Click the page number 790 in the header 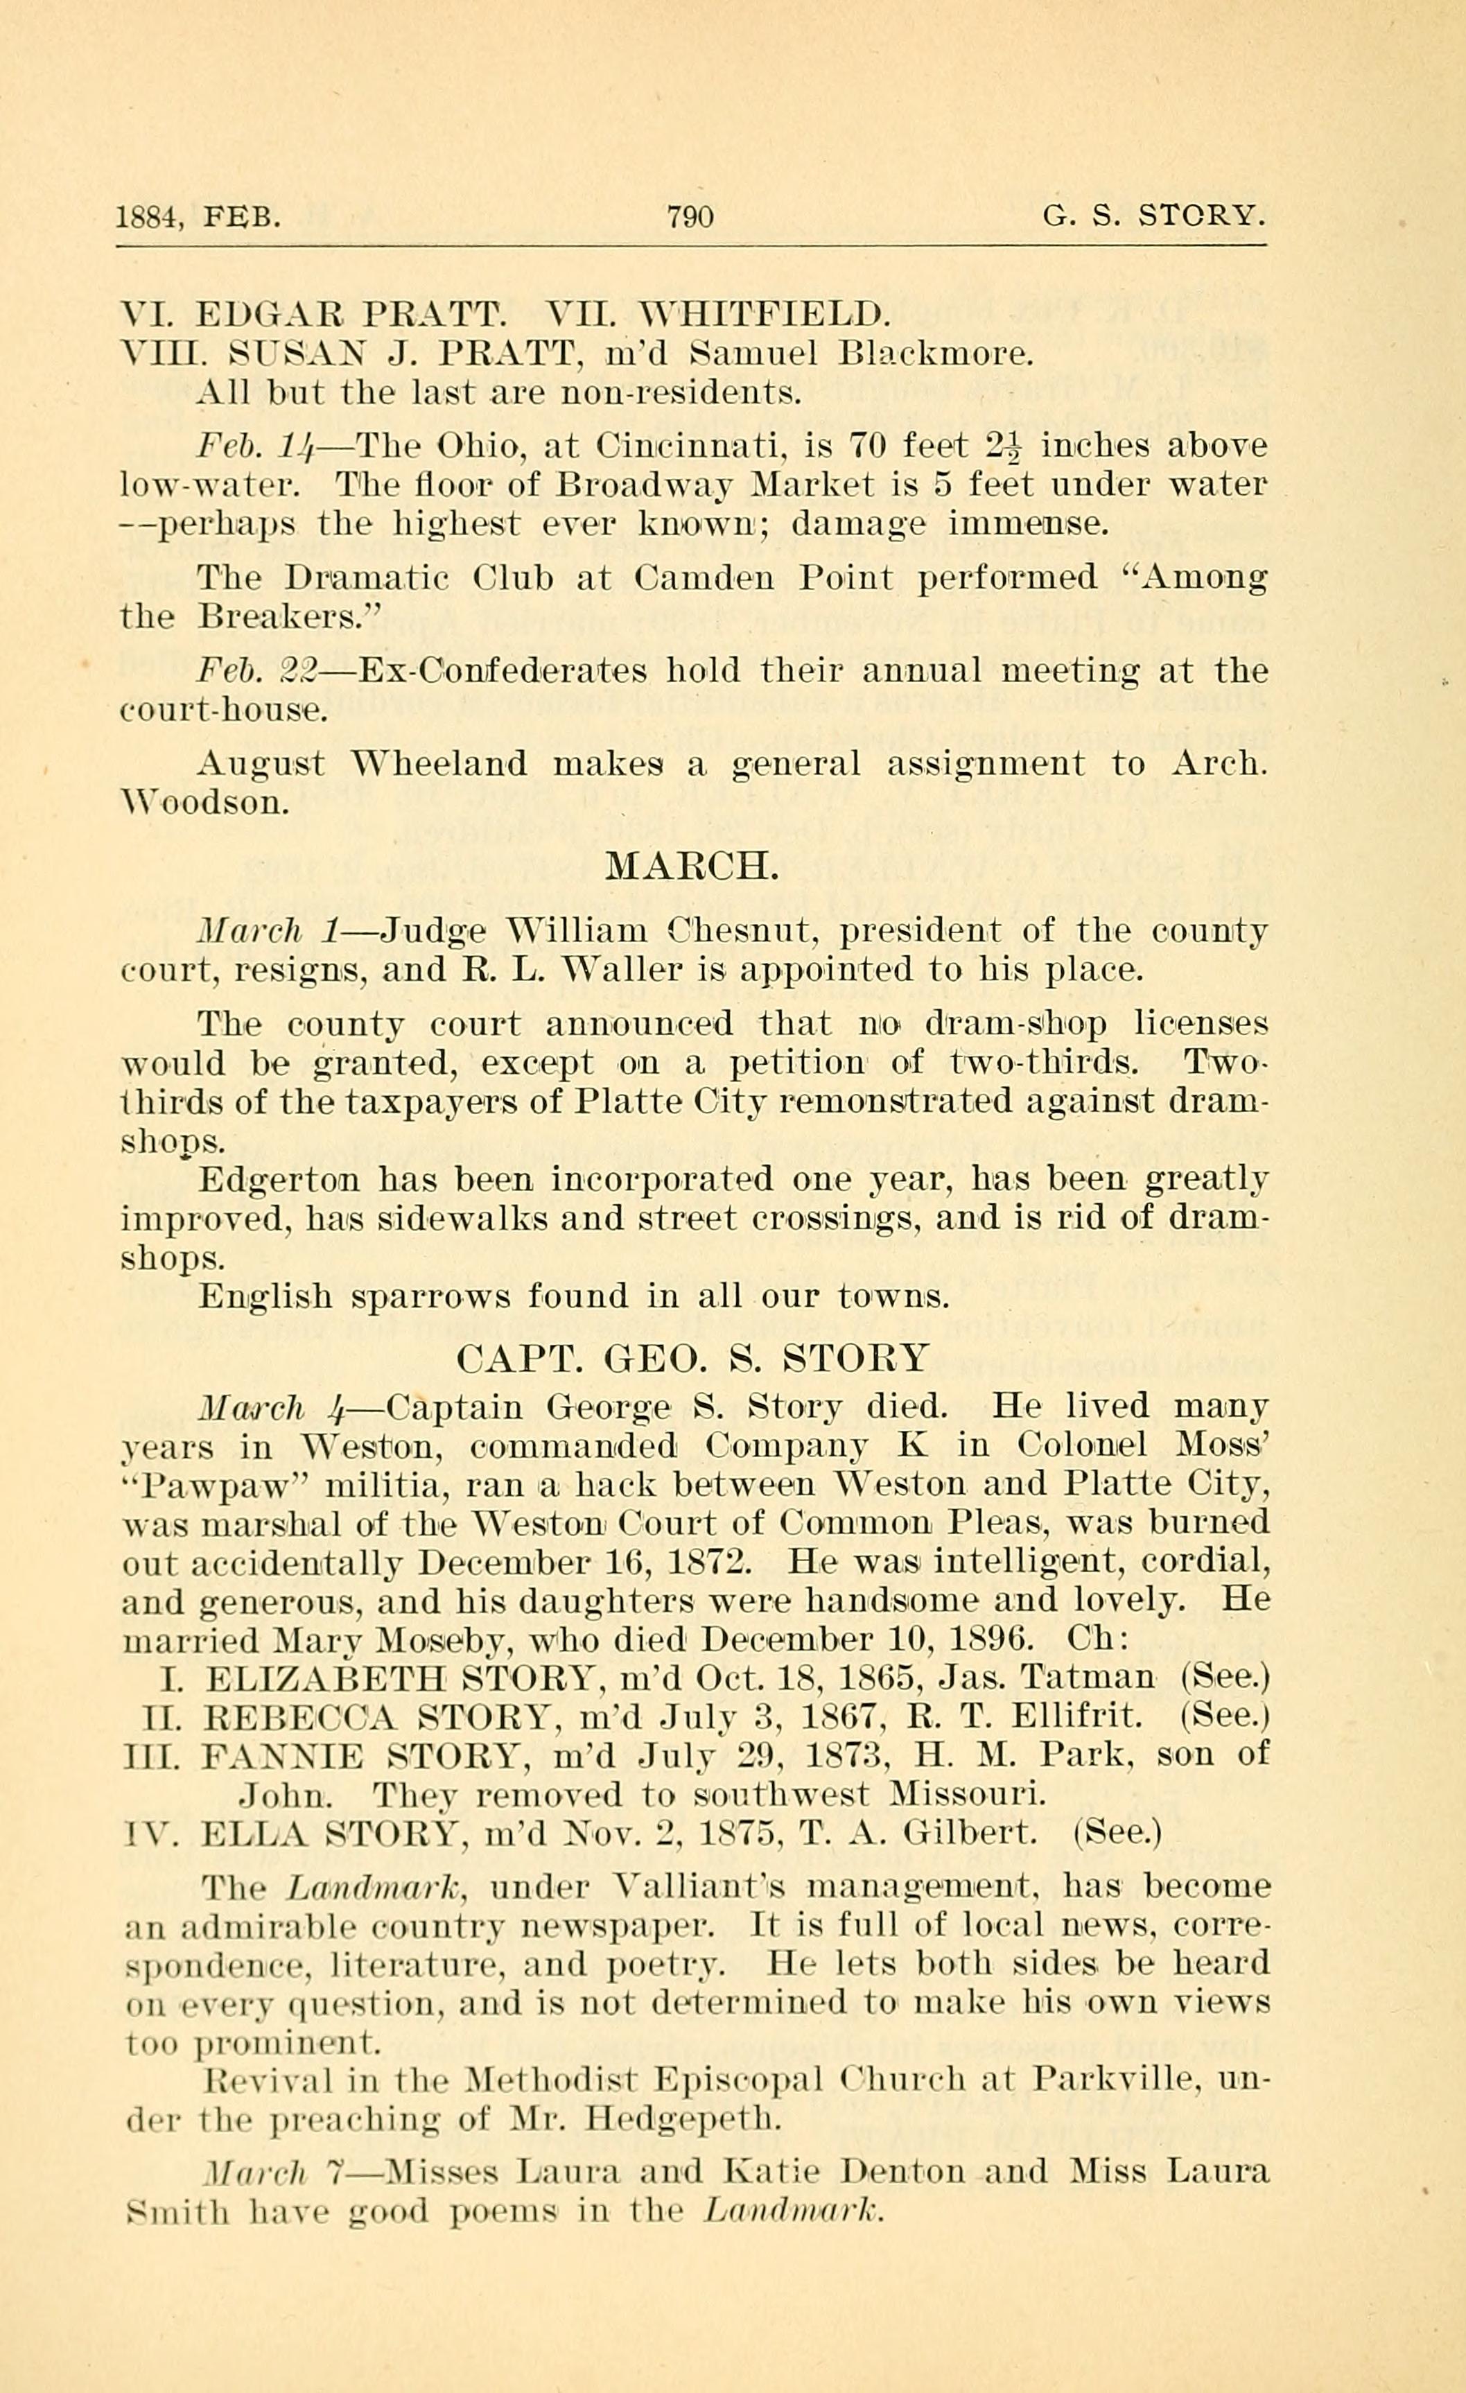pos(690,215)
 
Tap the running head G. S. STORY pos(1153,215)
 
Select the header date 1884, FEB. pos(198,216)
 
